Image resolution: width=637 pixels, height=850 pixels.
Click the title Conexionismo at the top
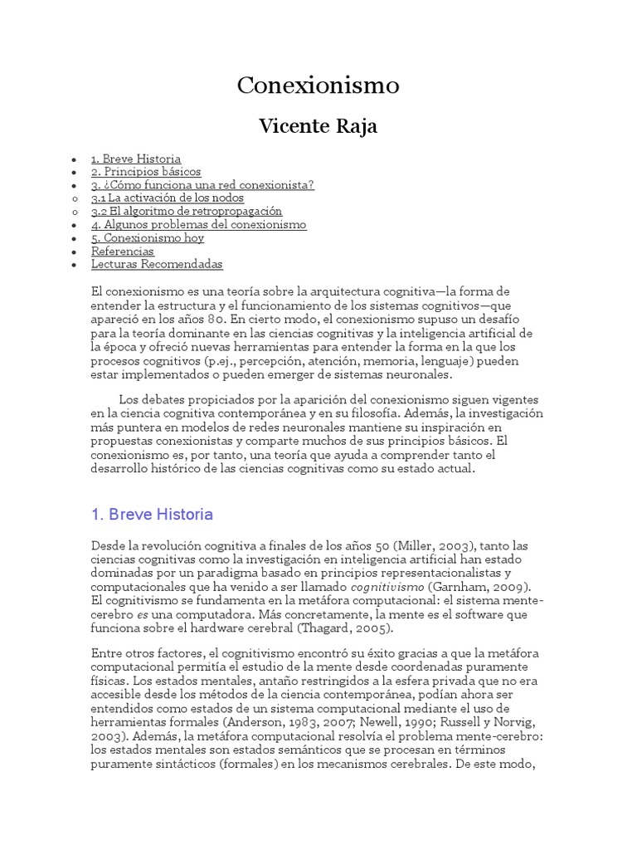pos(318,85)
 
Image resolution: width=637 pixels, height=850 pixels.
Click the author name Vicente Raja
pos(318,125)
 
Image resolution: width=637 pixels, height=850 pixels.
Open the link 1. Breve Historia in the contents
pos(136,159)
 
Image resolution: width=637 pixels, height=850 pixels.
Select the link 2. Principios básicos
pos(146,172)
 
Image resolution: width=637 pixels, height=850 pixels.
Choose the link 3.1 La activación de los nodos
pos(168,198)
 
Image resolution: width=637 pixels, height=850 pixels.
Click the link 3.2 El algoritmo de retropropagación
pos(187,212)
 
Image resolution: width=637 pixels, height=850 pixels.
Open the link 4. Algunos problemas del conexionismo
pos(198,225)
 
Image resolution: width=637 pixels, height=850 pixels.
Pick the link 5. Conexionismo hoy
pos(148,238)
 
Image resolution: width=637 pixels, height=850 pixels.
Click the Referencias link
pos(123,252)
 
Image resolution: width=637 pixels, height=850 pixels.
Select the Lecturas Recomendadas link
pos(157,265)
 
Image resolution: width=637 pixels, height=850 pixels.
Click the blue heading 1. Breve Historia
pos(152,515)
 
